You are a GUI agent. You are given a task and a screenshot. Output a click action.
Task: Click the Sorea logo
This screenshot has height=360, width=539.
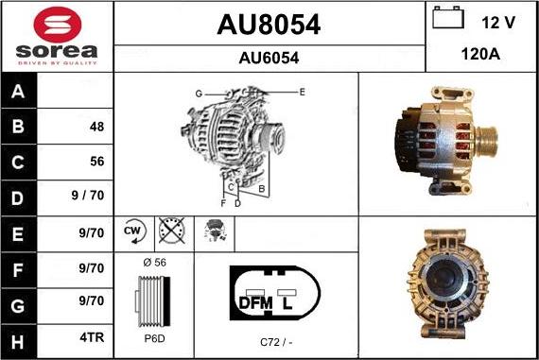point(57,35)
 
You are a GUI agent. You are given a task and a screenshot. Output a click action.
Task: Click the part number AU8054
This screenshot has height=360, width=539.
point(269,26)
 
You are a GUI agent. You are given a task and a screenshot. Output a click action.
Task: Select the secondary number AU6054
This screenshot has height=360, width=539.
point(269,58)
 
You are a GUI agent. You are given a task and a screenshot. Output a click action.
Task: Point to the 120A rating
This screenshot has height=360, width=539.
point(481,55)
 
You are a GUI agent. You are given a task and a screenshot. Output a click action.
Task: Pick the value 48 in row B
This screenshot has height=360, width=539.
point(96,127)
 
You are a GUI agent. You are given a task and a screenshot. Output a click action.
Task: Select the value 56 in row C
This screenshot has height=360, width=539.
point(96,162)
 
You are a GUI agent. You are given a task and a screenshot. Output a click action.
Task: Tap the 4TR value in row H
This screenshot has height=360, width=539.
point(92,335)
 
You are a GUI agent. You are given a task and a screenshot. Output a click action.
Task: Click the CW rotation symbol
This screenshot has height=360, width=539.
point(132,231)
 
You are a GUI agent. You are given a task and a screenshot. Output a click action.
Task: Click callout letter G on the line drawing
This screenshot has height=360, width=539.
point(199,93)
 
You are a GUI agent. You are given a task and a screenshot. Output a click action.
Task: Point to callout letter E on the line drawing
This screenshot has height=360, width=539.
point(302,92)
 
